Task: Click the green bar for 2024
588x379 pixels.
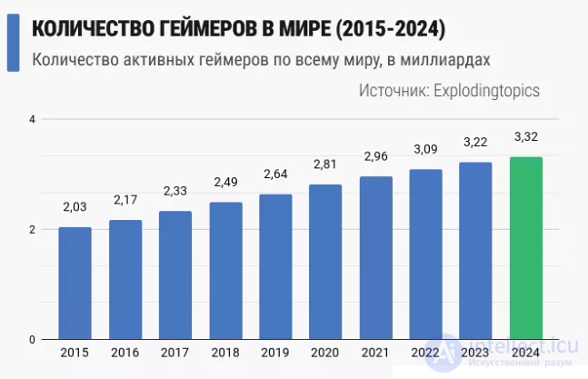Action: tap(526, 248)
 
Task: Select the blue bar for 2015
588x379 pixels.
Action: tap(75, 284)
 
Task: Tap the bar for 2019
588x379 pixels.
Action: tap(275, 266)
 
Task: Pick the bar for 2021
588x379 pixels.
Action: tap(375, 258)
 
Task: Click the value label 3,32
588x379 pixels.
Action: tap(526, 137)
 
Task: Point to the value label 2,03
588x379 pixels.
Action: tap(75, 207)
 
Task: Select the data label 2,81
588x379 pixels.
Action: tap(325, 165)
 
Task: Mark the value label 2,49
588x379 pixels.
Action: tap(225, 182)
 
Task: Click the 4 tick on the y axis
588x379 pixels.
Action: tap(32, 120)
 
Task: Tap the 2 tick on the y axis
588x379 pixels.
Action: tap(32, 229)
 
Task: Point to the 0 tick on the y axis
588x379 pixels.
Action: tap(32, 340)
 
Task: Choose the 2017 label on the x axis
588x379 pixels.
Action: tap(175, 353)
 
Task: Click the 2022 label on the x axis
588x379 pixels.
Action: tap(425, 353)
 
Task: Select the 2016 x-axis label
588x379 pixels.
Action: tap(125, 353)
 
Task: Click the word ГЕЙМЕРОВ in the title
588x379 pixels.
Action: tap(206, 29)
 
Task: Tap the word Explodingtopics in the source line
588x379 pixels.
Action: tap(487, 90)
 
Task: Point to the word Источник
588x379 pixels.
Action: tap(394, 90)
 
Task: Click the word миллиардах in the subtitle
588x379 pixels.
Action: tap(445, 60)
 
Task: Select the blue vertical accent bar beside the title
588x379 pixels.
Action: tap(13, 43)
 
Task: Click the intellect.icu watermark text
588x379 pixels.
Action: tap(523, 346)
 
